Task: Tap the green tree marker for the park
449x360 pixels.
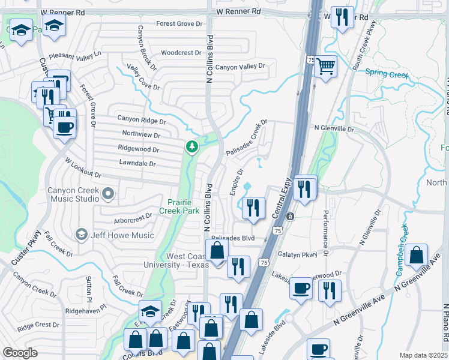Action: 191,146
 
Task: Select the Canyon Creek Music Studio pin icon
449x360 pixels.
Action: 108,193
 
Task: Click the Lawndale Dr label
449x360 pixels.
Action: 137,163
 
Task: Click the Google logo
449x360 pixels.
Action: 20,353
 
